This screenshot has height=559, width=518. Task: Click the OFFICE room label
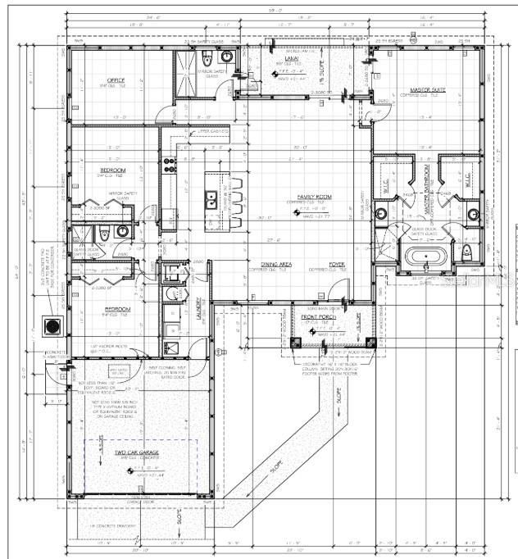pos(116,80)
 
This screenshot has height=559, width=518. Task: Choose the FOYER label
pos(337,264)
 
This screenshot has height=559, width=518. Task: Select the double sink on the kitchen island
pos(211,199)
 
